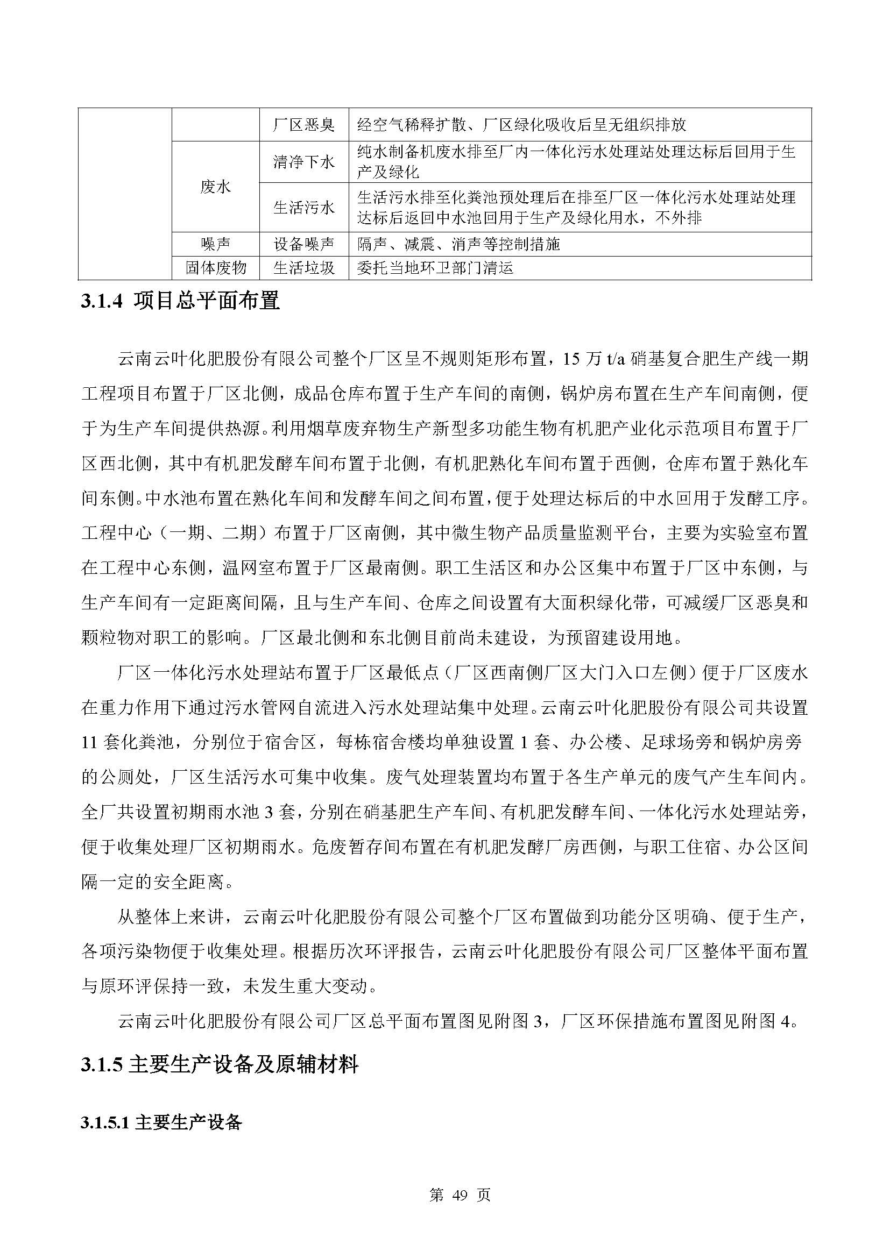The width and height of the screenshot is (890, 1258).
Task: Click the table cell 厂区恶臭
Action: [x=303, y=125]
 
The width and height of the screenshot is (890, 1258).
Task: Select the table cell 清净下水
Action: [x=303, y=162]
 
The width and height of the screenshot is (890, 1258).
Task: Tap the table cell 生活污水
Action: [x=303, y=208]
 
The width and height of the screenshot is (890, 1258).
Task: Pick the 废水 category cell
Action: [x=215, y=187]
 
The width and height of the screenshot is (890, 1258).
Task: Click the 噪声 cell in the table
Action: [x=215, y=244]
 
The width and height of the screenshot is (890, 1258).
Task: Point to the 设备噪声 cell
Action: [x=303, y=244]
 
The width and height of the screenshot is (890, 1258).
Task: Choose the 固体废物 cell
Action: [x=215, y=268]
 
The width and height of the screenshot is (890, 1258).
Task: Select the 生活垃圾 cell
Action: [x=303, y=268]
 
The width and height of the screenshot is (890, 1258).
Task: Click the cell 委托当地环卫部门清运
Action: [x=435, y=268]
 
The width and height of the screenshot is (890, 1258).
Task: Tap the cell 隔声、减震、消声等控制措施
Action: [x=458, y=244]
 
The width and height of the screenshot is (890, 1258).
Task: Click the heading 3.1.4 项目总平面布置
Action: [x=180, y=301]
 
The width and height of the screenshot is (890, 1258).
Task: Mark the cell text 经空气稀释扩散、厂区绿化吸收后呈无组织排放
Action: [x=521, y=125]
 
